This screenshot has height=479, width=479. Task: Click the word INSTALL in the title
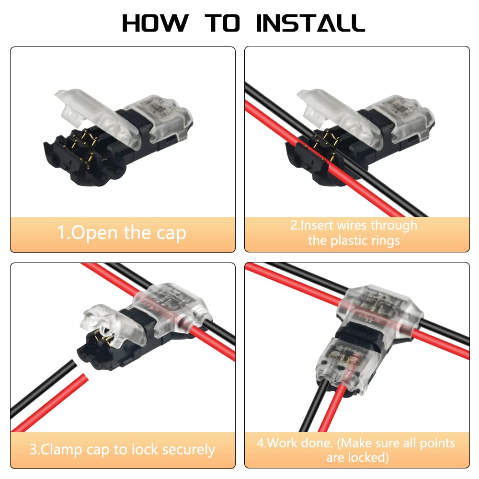coord(310,23)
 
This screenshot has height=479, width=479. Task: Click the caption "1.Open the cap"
coord(122,233)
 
